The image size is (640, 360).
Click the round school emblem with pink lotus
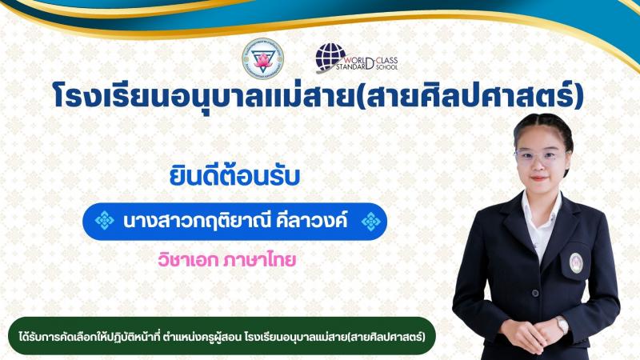pos(263,58)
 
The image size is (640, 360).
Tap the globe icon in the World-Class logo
pos(330,58)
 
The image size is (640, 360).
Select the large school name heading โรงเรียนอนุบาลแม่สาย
pos(203,96)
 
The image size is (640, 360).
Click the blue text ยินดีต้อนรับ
pos(234,177)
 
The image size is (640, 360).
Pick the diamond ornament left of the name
pos(105,221)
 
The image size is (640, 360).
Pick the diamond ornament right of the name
pos(371,222)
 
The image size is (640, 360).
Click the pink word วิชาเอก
pos(188,260)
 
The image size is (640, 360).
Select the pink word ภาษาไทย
pos(259,260)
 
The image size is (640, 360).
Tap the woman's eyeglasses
pos(541,157)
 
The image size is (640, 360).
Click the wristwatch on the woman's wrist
pos(562,325)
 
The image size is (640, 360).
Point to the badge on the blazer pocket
pos(576,263)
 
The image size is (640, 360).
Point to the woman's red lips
pos(538,178)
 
